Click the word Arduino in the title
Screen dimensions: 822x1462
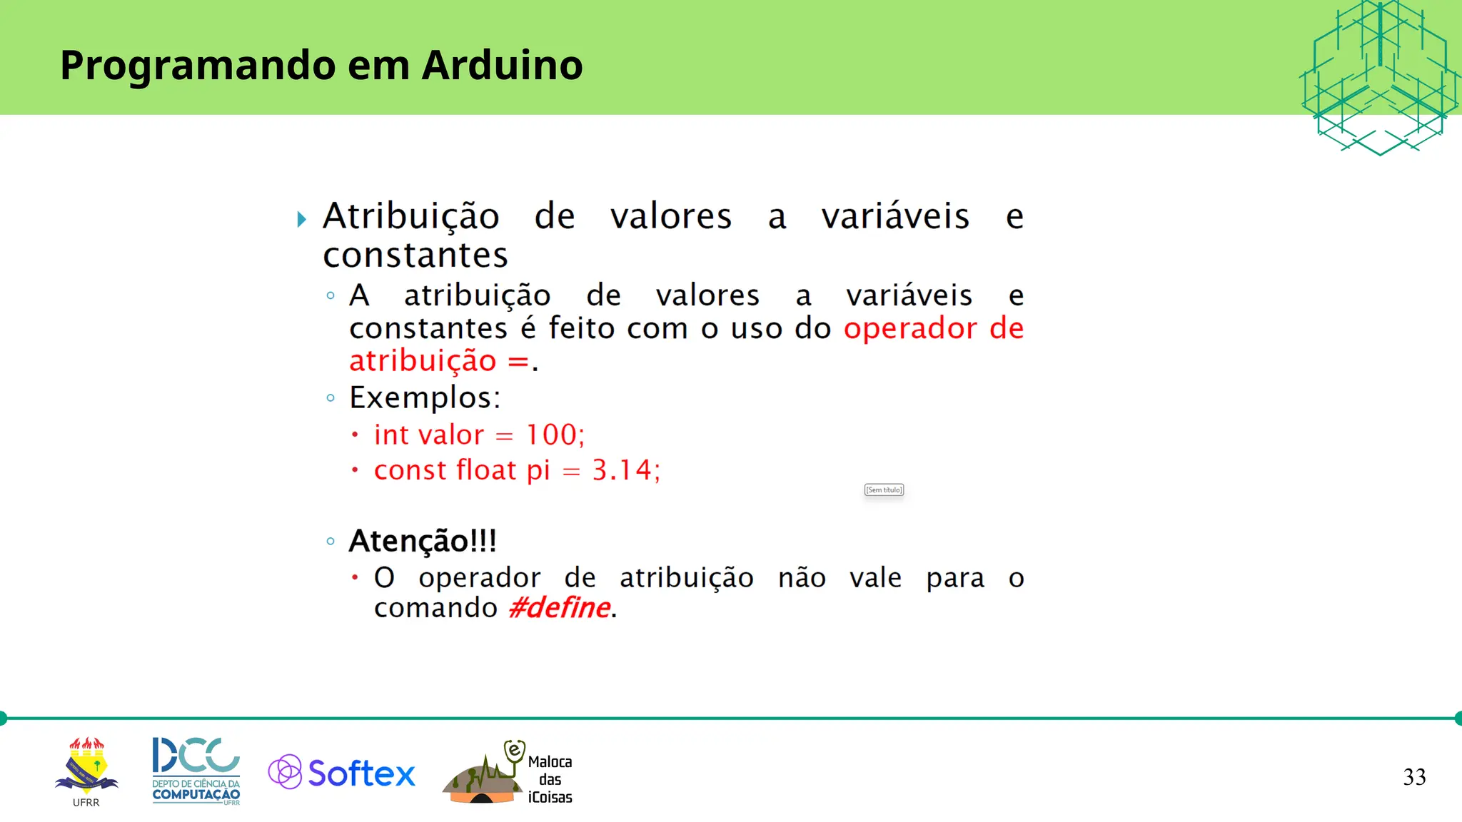502,65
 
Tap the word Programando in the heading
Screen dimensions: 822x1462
197,66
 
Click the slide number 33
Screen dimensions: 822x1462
1414,777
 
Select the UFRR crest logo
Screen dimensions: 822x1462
86,768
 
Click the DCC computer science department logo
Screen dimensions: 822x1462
196,771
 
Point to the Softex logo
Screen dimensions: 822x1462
342,773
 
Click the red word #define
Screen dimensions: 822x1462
560,608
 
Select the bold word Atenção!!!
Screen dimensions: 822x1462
422,541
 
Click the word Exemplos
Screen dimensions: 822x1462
424,398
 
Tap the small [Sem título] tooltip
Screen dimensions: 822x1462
884,489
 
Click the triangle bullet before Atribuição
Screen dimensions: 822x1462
302,219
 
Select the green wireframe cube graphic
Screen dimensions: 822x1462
1379,77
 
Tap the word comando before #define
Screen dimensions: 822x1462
435,608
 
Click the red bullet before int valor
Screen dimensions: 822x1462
355,435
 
